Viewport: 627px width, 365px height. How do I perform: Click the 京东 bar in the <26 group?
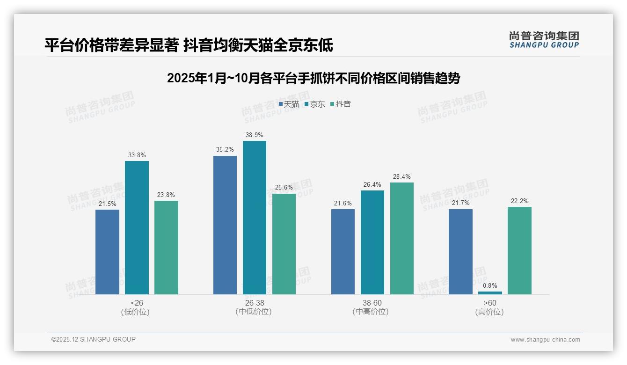pos(137,227)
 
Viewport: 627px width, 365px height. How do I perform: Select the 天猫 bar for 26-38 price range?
pos(225,225)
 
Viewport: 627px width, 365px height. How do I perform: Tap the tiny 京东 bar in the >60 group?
pos(490,293)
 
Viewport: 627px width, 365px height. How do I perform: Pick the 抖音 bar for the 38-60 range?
pos(402,238)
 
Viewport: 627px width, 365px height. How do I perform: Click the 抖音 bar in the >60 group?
pos(519,250)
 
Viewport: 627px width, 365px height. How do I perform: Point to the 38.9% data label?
pos(255,135)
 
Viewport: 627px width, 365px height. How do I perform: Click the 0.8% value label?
pos(490,285)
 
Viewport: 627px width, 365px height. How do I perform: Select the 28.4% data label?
pos(402,177)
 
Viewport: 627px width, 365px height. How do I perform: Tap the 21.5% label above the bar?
pos(107,204)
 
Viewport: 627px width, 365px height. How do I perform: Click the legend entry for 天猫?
pos(289,104)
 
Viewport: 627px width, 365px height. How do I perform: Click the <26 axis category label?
pos(137,303)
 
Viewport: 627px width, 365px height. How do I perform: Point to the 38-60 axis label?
pos(372,303)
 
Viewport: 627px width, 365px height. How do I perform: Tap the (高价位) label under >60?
pos(489,312)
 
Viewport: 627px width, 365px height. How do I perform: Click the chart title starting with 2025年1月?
pos(313,78)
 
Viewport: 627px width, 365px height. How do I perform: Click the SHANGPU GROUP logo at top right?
pos(544,40)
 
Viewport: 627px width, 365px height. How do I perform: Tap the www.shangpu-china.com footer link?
pos(545,340)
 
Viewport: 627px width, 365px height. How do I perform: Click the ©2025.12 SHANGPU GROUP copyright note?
pos(94,339)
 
